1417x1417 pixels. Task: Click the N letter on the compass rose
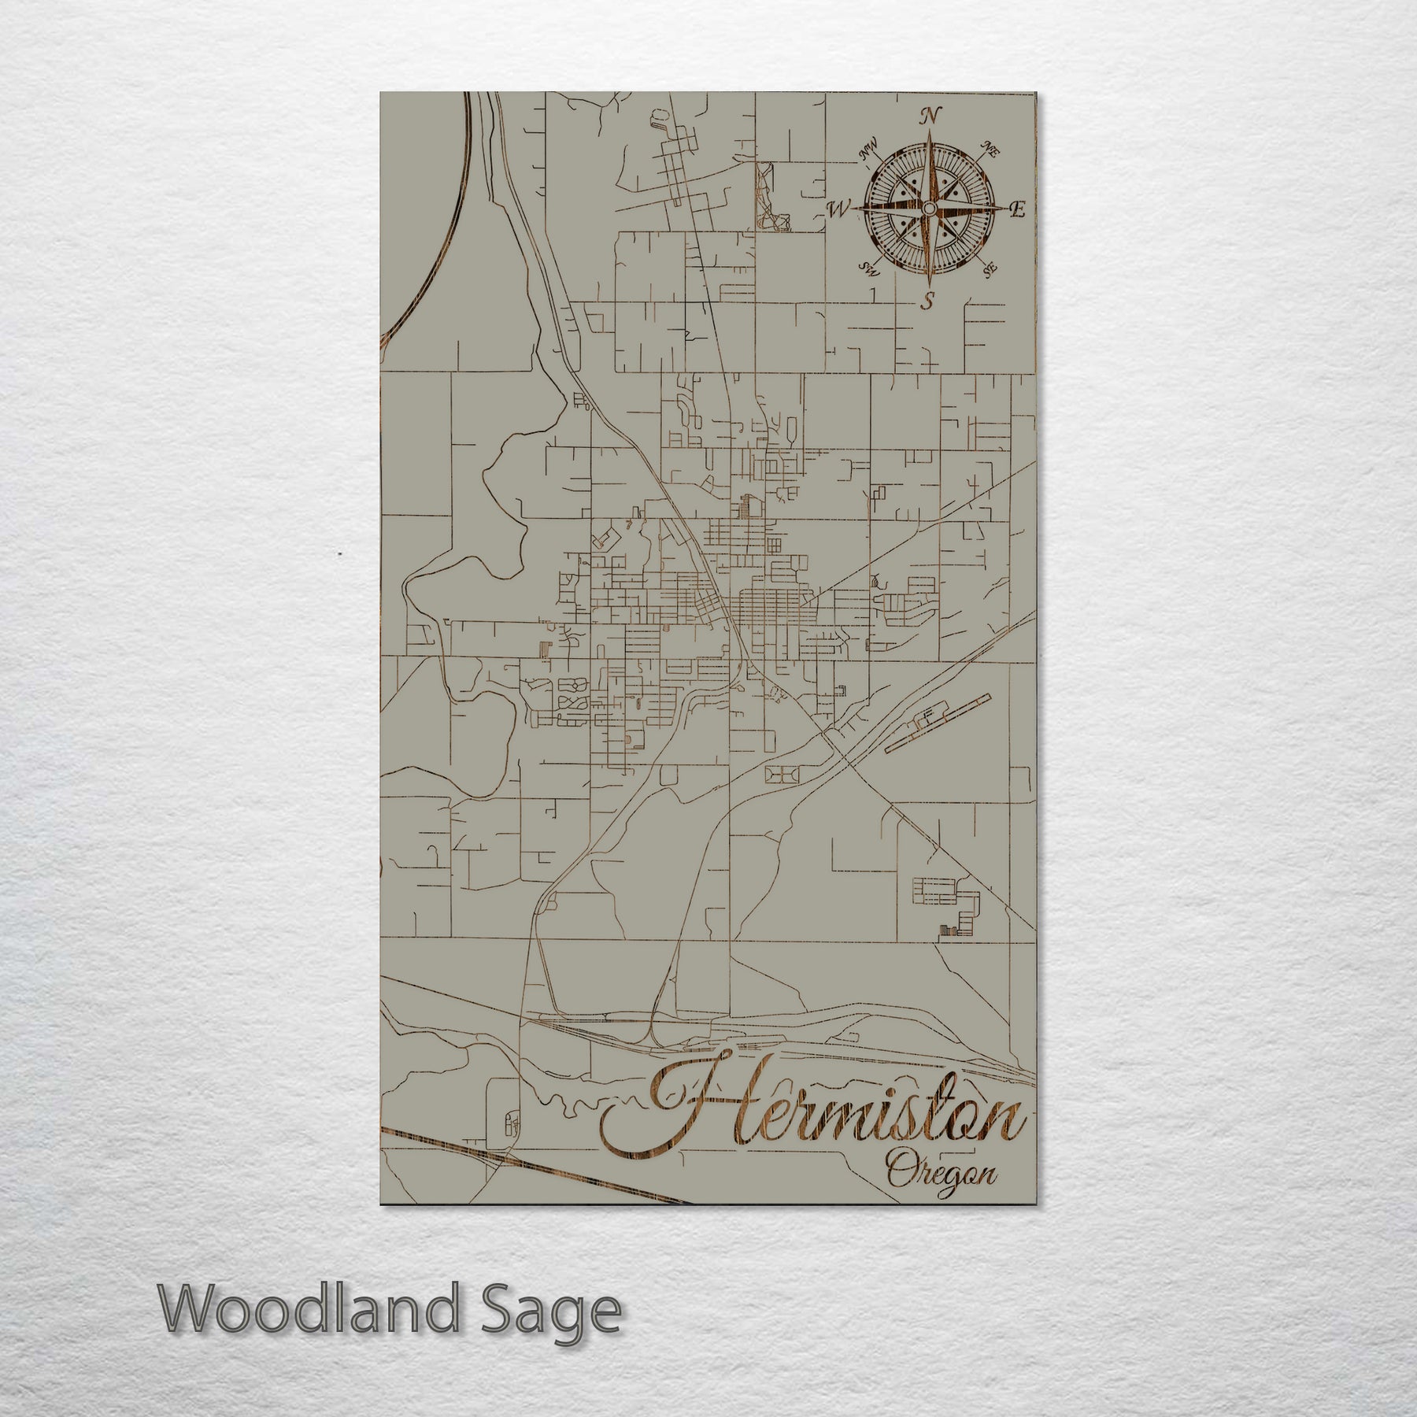931,116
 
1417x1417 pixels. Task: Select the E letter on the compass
1018,209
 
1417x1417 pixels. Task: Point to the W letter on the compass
840,209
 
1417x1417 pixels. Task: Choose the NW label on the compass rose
870,148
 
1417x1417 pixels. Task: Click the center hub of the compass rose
930,208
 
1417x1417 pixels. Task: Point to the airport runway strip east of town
937,723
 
